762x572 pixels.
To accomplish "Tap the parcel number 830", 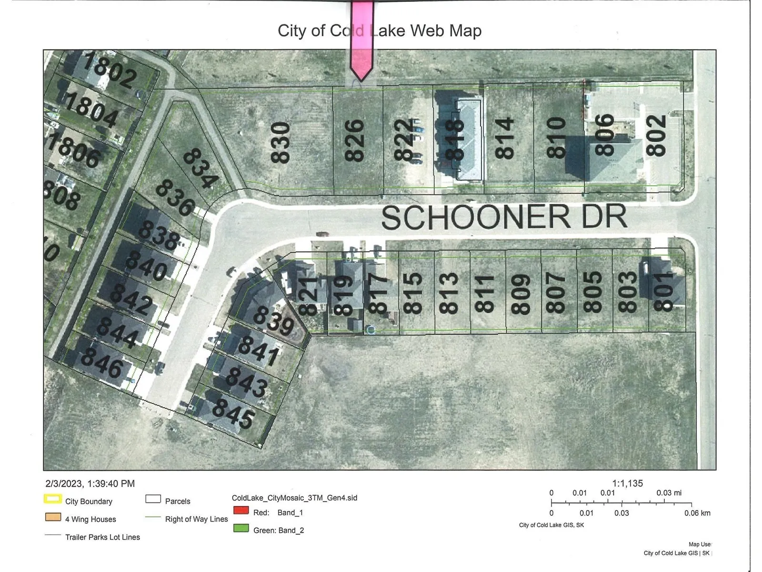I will click(x=281, y=143).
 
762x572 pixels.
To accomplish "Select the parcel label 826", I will click(x=355, y=141).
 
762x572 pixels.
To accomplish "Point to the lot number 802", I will click(x=656, y=135).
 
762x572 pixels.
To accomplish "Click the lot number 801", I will click(x=664, y=291).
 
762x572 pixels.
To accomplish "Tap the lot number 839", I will click(x=273, y=320).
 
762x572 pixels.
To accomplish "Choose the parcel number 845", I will click(x=233, y=413).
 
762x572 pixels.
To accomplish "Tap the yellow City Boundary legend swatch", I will click(x=52, y=499).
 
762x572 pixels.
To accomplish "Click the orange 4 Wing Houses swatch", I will click(x=52, y=517).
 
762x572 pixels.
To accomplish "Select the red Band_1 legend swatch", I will click(x=241, y=510).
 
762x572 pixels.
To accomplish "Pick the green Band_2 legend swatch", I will click(x=241, y=528).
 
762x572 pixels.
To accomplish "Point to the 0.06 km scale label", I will click(x=697, y=513).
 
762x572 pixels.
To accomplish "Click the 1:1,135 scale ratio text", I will click(x=627, y=483).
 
